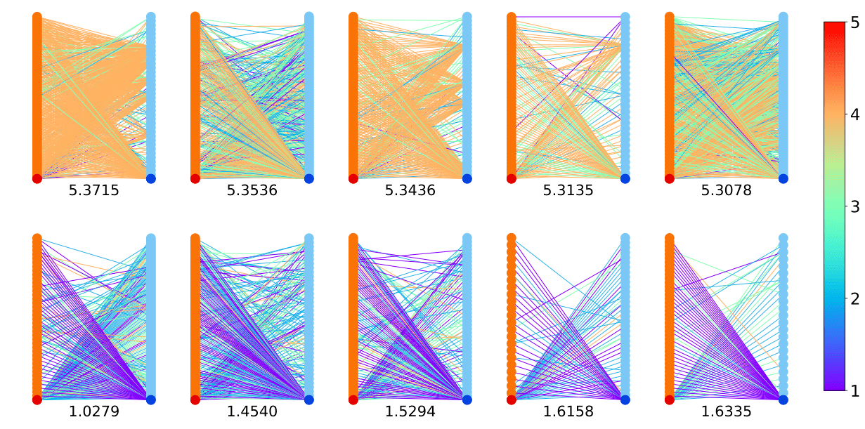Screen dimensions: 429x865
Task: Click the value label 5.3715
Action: pyautogui.click(x=93, y=191)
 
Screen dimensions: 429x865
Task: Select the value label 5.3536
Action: pyautogui.click(x=252, y=191)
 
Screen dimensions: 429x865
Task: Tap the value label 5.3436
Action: pyautogui.click(x=410, y=191)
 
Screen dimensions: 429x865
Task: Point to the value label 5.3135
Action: pyautogui.click(x=568, y=191)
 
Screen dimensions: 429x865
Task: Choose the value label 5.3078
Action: pyautogui.click(x=726, y=191)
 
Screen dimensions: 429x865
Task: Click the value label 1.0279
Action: pyautogui.click(x=93, y=412)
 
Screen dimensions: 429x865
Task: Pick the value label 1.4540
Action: pyautogui.click(x=252, y=412)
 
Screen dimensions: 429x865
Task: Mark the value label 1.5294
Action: pyautogui.click(x=410, y=412)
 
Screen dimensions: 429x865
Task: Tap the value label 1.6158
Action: pyautogui.click(x=568, y=412)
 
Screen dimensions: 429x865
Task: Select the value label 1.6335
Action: pyautogui.click(x=726, y=412)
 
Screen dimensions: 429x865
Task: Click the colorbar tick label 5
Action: pyautogui.click(x=854, y=23)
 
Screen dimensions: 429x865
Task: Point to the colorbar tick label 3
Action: pyautogui.click(x=854, y=206)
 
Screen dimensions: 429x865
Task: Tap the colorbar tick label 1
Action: pyautogui.click(x=854, y=391)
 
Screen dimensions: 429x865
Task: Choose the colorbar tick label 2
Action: pyautogui.click(x=854, y=299)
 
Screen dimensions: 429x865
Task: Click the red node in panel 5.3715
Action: pyautogui.click(x=37, y=178)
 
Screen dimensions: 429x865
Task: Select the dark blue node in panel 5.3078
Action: pyautogui.click(x=783, y=178)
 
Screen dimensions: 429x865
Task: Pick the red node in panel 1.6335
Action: pyautogui.click(x=670, y=400)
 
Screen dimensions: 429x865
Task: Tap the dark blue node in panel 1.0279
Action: pyautogui.click(x=150, y=400)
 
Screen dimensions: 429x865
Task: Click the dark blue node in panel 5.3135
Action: pyautogui.click(x=625, y=178)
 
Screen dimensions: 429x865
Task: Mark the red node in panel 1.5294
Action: pyautogui.click(x=353, y=400)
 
